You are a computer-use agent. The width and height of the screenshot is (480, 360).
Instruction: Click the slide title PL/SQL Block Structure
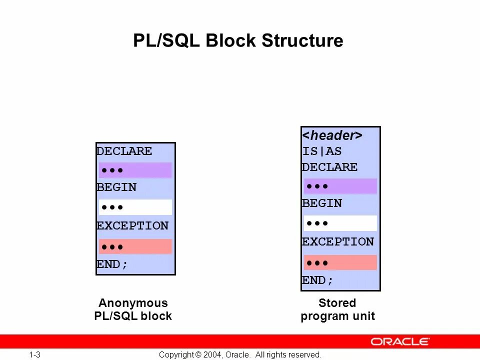pyautogui.click(x=238, y=40)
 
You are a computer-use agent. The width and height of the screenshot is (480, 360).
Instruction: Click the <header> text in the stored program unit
pyautogui.click(x=332, y=135)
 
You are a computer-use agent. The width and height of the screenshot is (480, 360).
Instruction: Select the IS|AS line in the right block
pyautogui.click(x=321, y=151)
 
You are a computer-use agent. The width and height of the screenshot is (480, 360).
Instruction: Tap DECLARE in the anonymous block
pyautogui.click(x=124, y=151)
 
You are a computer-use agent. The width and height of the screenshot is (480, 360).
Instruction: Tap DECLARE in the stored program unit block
pyautogui.click(x=329, y=167)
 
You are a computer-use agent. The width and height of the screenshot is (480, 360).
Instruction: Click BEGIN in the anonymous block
pyautogui.click(x=116, y=187)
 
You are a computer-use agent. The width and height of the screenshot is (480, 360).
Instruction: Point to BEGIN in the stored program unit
pyautogui.click(x=321, y=203)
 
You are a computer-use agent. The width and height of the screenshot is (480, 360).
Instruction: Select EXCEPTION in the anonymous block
pyautogui.click(x=132, y=226)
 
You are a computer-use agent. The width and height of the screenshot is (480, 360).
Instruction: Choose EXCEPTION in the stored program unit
pyautogui.click(x=337, y=242)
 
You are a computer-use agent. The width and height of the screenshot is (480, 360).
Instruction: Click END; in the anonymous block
pyautogui.click(x=112, y=264)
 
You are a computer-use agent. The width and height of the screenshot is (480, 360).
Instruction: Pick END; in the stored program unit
pyautogui.click(x=317, y=280)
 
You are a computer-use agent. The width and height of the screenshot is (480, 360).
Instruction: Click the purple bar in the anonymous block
pyautogui.click(x=135, y=170)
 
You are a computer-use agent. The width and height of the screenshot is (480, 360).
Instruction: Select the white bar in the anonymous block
pyautogui.click(x=135, y=207)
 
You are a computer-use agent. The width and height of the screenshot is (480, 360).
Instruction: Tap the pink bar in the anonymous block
pyautogui.click(x=135, y=246)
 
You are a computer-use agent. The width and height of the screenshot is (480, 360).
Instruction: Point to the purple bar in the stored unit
pyautogui.click(x=340, y=186)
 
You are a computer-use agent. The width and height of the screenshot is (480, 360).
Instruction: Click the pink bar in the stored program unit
pyautogui.click(x=340, y=262)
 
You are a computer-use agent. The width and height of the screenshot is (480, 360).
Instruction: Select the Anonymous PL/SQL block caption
pyautogui.click(x=133, y=309)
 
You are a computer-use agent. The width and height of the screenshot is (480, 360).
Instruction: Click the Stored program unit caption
pyautogui.click(x=337, y=309)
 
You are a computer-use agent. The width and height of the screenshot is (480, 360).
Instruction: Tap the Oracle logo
pyautogui.click(x=400, y=341)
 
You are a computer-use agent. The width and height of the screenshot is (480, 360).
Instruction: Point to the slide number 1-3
pyautogui.click(x=34, y=355)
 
